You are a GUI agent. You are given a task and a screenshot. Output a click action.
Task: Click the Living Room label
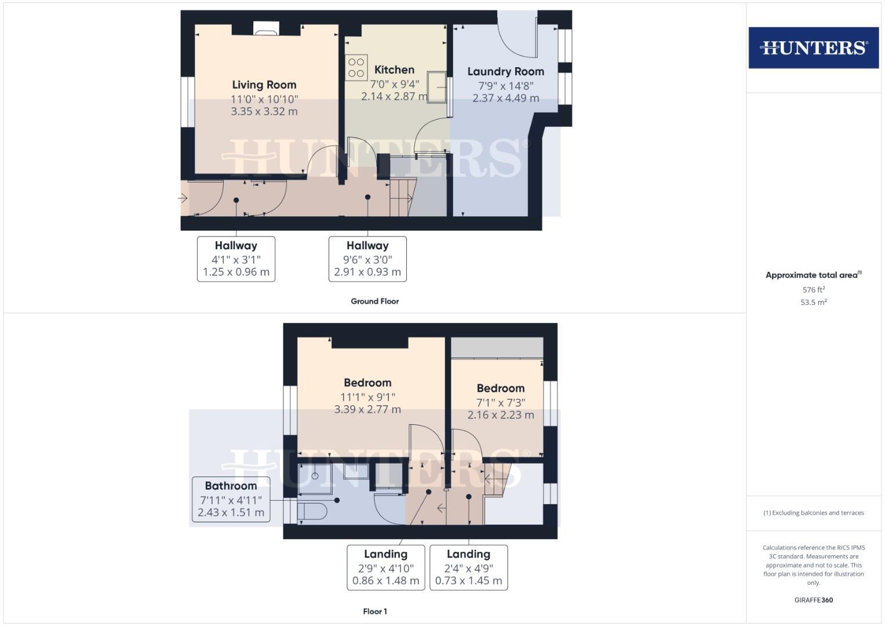coord(264,85)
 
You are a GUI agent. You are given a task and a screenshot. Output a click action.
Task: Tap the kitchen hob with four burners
coord(356,67)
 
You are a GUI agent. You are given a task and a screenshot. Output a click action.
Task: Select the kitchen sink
coord(437,87)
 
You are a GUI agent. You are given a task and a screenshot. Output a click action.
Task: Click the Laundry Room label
coord(505,71)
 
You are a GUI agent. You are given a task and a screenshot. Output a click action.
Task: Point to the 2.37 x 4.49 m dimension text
coord(505,98)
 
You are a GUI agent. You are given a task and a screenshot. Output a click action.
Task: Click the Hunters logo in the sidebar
coord(813,48)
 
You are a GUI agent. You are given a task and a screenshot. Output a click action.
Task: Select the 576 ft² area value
coord(813,290)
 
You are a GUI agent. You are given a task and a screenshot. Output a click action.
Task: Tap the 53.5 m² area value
coord(813,302)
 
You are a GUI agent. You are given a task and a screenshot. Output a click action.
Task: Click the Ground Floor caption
coord(374,301)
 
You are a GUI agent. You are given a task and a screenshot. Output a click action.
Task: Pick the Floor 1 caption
coord(374,611)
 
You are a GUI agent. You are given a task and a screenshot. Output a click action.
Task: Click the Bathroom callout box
coord(231,499)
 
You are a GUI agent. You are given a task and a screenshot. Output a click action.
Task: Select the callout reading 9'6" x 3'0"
coord(367,259)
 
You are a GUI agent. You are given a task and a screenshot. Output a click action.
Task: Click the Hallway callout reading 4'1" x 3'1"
coord(236,259)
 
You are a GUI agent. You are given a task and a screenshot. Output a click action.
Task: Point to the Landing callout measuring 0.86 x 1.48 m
coord(385,567)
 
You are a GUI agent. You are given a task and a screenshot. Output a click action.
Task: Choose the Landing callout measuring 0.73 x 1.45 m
coord(468,567)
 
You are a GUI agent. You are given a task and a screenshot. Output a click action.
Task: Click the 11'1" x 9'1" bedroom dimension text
coord(367,397)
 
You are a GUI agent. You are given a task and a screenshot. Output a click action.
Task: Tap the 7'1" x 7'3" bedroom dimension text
coord(500,402)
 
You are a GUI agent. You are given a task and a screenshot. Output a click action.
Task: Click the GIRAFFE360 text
coord(813,600)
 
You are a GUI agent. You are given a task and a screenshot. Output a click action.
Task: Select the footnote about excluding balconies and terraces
coord(813,513)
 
